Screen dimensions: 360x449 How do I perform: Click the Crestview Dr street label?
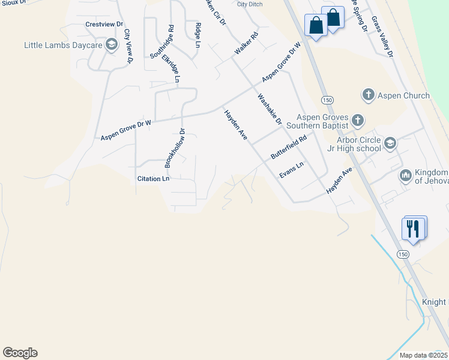104,25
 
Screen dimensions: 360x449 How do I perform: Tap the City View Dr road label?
128,46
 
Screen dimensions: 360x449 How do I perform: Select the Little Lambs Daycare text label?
63,45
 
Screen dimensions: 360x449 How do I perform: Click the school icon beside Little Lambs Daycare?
111,45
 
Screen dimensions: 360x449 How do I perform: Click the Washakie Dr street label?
270,109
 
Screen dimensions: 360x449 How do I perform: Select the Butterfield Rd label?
288,146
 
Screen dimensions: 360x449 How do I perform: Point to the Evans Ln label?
292,169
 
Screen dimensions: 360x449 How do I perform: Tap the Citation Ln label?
153,179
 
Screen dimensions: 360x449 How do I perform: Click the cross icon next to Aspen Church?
368,95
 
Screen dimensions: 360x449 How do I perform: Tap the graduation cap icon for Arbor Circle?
390,143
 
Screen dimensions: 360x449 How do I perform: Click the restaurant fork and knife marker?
414,228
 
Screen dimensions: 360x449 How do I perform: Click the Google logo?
20,353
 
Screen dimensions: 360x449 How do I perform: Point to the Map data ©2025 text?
423,355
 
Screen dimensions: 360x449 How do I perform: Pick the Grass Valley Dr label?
382,37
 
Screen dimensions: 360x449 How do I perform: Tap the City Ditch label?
250,4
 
